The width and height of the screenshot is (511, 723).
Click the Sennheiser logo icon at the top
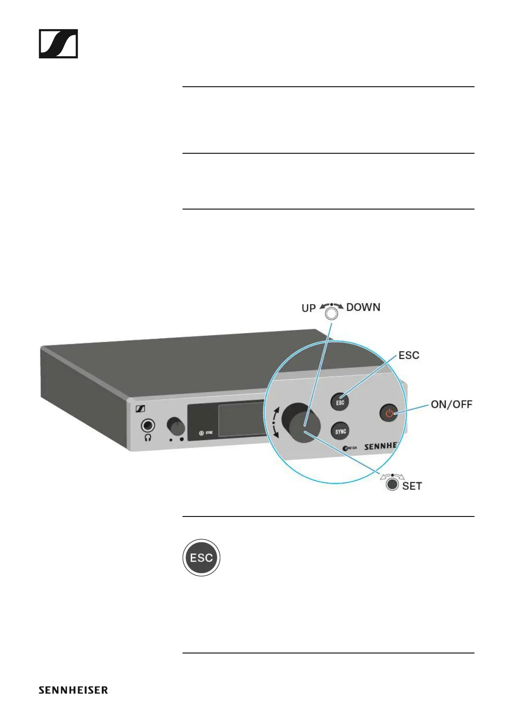[x=58, y=44]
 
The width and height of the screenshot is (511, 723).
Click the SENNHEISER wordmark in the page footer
[x=73, y=690]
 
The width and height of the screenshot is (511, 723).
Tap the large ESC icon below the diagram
[x=201, y=558]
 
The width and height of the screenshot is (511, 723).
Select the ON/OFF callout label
[x=451, y=404]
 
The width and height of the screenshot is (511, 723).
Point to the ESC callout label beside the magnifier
[x=409, y=355]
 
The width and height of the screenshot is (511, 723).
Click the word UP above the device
[x=308, y=308]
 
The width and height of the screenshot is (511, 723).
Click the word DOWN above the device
[x=363, y=307]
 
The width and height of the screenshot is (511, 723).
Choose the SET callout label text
[x=412, y=486]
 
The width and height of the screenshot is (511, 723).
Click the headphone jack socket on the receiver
[x=148, y=426]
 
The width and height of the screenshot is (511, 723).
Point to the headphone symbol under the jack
[x=148, y=437]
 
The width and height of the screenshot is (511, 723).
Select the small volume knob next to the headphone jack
[x=176, y=426]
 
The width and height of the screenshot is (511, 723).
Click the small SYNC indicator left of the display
[x=206, y=433]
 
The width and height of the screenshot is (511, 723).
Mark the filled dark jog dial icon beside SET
[x=392, y=484]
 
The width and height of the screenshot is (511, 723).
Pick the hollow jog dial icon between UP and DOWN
[x=332, y=314]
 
